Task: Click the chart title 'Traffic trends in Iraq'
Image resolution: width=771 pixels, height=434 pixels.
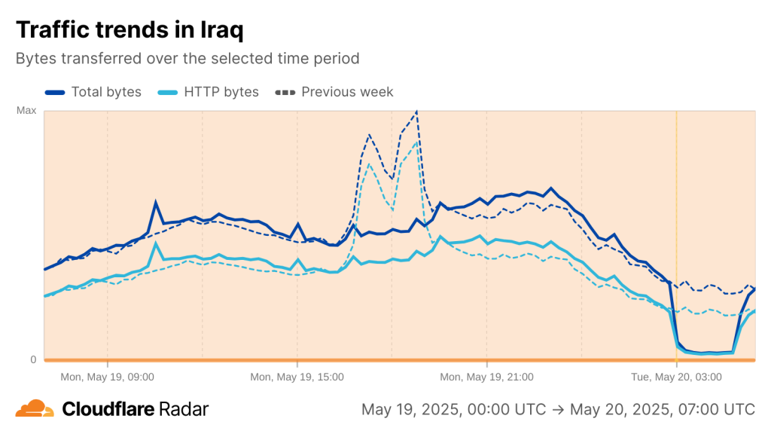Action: click(130, 29)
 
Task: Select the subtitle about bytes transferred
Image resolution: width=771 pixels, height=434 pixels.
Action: click(187, 58)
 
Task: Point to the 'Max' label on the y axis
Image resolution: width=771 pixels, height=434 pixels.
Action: click(26, 111)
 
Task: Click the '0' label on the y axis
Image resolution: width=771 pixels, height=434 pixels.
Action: click(33, 359)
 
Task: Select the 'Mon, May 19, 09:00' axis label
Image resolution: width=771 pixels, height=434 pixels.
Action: click(107, 376)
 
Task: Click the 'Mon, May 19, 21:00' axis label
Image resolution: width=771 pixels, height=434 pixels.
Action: click(486, 376)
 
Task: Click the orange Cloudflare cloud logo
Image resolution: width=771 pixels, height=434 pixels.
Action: click(35, 409)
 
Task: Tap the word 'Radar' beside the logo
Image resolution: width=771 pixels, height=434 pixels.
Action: click(184, 409)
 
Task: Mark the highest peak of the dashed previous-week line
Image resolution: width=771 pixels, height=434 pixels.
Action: click(416, 112)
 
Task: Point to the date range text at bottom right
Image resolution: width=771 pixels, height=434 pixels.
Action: click(558, 409)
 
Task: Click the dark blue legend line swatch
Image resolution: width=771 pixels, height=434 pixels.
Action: click(55, 92)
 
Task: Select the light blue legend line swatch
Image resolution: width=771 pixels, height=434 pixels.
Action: click(168, 92)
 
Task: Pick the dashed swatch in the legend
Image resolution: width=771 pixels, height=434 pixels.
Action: click(285, 92)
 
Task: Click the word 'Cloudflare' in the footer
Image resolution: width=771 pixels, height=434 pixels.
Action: click(108, 409)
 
